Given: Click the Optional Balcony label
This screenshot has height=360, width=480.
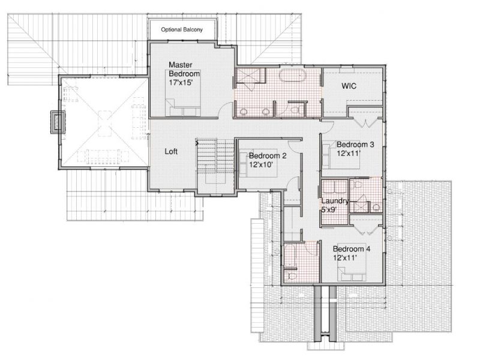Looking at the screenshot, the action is click(x=182, y=29).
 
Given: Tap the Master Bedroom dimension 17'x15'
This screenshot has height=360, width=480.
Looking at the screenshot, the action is click(x=181, y=82).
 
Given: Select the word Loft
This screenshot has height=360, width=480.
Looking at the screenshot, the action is click(x=171, y=151).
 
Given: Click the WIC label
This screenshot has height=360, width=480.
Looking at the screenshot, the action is click(x=349, y=86).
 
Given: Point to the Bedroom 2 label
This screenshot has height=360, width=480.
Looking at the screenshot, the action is click(x=268, y=155).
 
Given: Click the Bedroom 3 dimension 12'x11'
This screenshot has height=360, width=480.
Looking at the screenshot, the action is click(x=349, y=153).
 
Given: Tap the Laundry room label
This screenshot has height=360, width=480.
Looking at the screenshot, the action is click(x=335, y=201).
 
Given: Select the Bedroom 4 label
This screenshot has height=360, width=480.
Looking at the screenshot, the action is click(x=352, y=249).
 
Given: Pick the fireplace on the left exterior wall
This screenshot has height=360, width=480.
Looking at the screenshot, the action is click(x=58, y=122).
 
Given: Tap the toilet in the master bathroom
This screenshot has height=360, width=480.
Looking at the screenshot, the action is click(x=295, y=110).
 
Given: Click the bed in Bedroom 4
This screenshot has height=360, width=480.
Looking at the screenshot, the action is click(x=352, y=274).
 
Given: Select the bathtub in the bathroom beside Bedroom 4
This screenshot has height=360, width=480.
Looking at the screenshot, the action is click(x=289, y=256).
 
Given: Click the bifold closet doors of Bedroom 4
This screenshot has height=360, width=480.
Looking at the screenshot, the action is click(x=365, y=230).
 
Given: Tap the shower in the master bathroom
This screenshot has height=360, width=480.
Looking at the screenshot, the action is click(x=250, y=76).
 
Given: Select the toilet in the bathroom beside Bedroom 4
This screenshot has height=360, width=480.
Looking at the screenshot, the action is click(x=292, y=276).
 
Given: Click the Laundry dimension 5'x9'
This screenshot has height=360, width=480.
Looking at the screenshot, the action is click(x=329, y=209).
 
